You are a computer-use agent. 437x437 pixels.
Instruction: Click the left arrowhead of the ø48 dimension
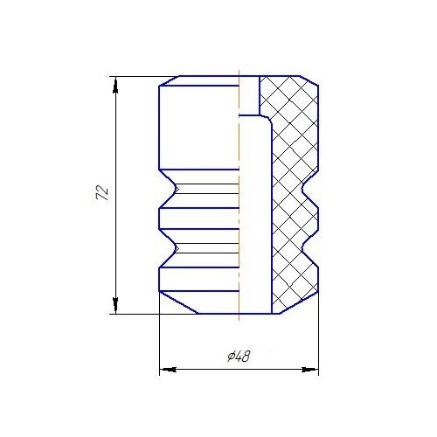(165, 371)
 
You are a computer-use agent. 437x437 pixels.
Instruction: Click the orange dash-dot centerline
(239, 218)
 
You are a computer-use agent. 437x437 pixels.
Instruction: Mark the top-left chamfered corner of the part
(163, 82)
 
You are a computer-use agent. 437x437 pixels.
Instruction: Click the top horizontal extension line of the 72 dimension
(135, 76)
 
